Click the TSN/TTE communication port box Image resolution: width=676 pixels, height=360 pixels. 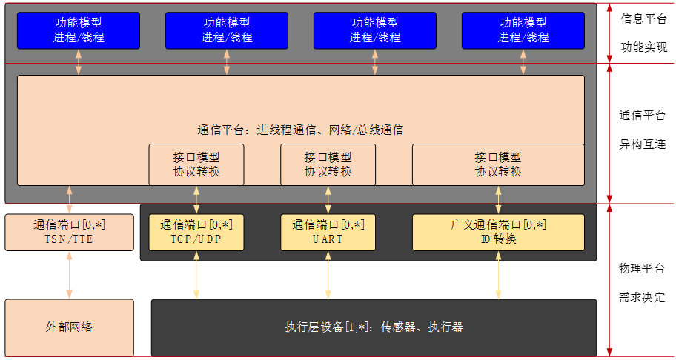point(69,233)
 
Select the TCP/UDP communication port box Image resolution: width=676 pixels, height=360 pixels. point(196,233)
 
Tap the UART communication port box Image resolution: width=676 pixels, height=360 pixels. point(328,233)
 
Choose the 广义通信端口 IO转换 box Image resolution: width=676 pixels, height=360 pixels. point(497,233)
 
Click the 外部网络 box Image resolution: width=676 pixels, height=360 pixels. point(69,327)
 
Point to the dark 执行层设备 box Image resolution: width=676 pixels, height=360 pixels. point(374,327)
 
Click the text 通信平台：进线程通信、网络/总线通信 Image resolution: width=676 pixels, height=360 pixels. point(300,130)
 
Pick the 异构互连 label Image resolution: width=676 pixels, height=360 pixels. point(642,144)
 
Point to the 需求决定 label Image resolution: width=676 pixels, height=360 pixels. point(642,298)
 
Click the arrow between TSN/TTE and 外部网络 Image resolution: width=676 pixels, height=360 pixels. point(69,275)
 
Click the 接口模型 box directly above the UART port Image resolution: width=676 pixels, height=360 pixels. point(328,164)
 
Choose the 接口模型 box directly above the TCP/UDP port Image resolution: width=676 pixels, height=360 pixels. point(196,164)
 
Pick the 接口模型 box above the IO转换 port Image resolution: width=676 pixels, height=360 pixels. point(497,164)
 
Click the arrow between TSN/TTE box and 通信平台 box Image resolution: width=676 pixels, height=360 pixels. point(69,200)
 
